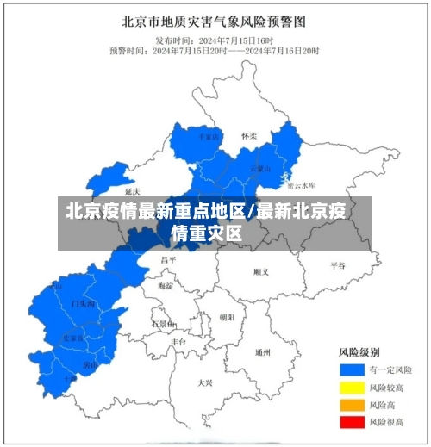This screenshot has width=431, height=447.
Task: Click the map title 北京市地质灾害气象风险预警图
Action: pyautogui.click(x=214, y=21)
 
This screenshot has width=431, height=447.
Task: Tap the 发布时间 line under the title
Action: pyautogui.click(x=214, y=40)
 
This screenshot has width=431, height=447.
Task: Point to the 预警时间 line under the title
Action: pyautogui.click(x=214, y=50)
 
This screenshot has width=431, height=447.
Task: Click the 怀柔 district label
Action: pyautogui.click(x=249, y=136)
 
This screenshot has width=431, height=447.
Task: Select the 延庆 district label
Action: pyautogui.click(x=132, y=191)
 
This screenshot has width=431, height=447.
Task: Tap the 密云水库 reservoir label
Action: pyautogui.click(x=301, y=184)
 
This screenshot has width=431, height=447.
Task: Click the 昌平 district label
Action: pyautogui.click(x=168, y=258)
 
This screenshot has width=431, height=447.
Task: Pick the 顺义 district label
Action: pyautogui.click(x=261, y=271)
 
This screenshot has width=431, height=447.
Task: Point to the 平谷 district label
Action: pyautogui.click(x=337, y=266)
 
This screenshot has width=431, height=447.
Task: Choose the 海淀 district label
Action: pyautogui.click(x=165, y=285)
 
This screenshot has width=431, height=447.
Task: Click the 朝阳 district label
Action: pyautogui.click(x=226, y=317)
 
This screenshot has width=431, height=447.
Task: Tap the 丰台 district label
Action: pyautogui.click(x=178, y=342)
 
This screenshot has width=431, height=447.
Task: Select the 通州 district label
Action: pyautogui.click(x=263, y=352)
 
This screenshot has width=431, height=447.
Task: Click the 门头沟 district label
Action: pyautogui.click(x=83, y=304)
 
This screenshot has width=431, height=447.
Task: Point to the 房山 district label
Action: pyautogui.click(x=90, y=364)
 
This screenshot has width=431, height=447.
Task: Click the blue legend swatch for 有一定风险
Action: pyautogui.click(x=350, y=369)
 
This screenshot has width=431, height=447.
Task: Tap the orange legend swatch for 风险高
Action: pyautogui.click(x=350, y=404)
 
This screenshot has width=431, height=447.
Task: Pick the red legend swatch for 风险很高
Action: pyautogui.click(x=350, y=422)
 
